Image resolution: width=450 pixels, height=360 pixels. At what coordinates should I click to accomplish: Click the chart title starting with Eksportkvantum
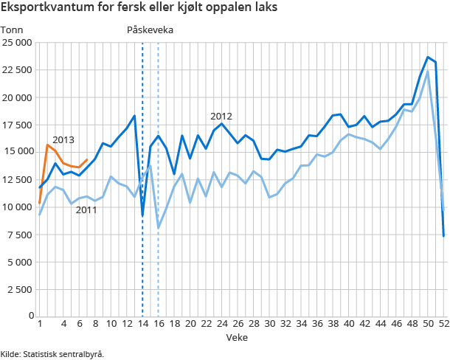pos(145,10)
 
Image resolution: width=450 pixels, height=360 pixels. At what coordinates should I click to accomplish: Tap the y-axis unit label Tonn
pos(13,30)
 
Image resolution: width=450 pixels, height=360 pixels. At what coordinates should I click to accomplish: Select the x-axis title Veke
pos(237,337)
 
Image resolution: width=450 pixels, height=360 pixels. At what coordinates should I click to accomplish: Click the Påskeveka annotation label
pos(150,30)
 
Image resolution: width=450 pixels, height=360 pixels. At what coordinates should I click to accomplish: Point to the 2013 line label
pos(63,140)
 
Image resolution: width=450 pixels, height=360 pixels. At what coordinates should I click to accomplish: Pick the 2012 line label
pos(221,116)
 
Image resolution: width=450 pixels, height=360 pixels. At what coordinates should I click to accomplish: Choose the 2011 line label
pos(86,210)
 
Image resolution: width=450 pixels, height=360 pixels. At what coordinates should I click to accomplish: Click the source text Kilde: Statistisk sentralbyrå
pos(52,353)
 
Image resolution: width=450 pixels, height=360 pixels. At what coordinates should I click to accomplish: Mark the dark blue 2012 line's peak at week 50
pos(428,57)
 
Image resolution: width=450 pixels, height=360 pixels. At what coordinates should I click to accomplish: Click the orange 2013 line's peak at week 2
pos(47,145)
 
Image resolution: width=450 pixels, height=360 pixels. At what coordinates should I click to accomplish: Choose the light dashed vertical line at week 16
pos(159,280)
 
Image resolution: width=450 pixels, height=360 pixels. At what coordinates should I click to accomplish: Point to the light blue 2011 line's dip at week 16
pos(159,228)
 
